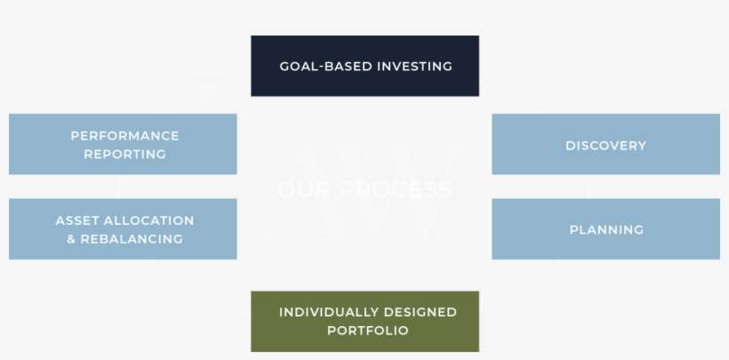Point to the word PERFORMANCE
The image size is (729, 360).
pyautogui.click(x=124, y=136)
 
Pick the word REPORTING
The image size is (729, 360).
pyautogui.click(x=124, y=154)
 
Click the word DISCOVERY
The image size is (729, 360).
pyautogui.click(x=605, y=146)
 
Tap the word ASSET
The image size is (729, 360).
pyautogui.click(x=77, y=220)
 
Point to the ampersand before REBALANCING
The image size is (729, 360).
pyautogui.click(x=71, y=239)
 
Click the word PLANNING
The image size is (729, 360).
pyautogui.click(x=606, y=230)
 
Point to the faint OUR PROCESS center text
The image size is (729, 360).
pyautogui.click(x=364, y=189)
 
